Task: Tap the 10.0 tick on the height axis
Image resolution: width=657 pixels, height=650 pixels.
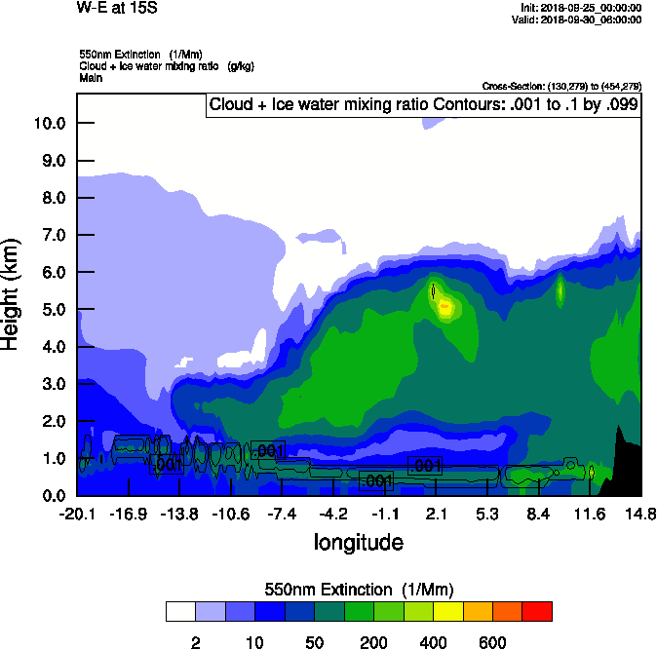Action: point(50,123)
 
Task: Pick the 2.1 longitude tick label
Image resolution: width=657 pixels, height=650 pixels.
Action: point(437,514)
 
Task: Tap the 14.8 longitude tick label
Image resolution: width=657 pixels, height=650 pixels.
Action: point(640,514)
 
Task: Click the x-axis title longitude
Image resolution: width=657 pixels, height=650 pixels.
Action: point(358,542)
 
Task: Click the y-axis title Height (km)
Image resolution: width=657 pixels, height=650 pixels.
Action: point(13,293)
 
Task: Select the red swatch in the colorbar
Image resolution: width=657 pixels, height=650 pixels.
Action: point(537,611)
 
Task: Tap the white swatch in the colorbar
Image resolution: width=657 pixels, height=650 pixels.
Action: point(180,611)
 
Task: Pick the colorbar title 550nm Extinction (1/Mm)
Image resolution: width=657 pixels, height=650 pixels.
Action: point(359,589)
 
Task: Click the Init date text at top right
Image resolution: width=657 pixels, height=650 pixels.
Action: point(582,8)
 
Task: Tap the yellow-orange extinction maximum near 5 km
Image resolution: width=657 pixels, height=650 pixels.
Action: point(444,306)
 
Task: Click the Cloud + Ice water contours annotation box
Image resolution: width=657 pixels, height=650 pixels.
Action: point(423,104)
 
